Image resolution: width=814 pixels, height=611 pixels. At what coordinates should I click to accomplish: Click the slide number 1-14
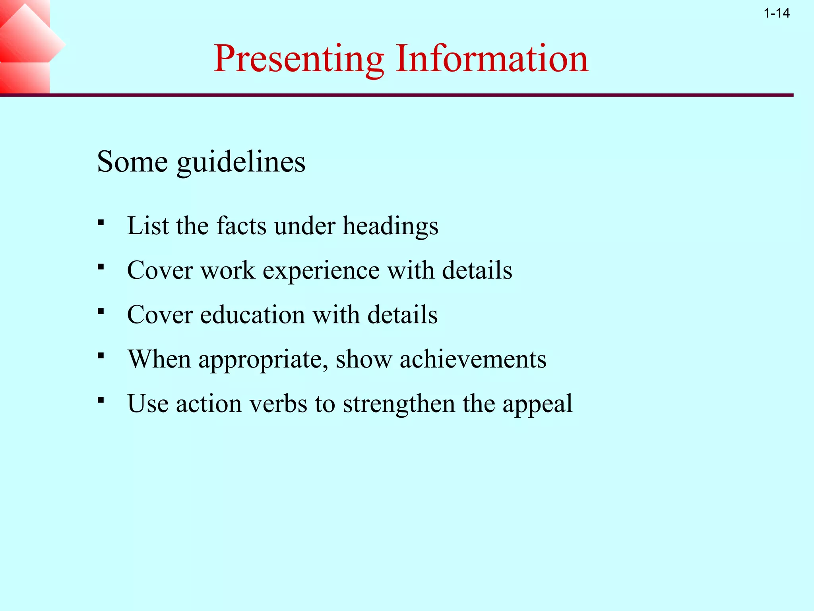point(777,14)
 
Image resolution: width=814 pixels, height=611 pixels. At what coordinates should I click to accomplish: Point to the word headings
point(390,227)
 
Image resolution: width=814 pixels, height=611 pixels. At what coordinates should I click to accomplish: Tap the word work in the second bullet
point(227,270)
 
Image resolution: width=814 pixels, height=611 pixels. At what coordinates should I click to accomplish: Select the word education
point(252,315)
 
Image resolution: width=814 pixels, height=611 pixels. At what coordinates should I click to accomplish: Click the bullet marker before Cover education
point(101,311)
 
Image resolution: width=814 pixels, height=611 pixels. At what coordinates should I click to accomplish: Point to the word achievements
point(473,359)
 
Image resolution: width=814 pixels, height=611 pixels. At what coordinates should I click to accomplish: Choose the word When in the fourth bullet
point(159,359)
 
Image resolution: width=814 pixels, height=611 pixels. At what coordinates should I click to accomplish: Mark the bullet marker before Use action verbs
point(101,400)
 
